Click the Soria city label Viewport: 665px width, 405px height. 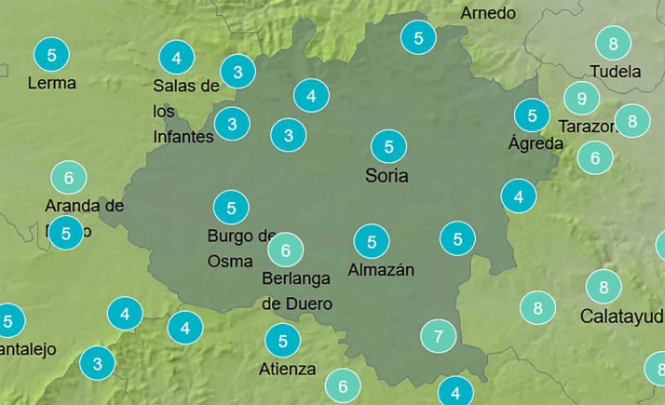tap(387, 175)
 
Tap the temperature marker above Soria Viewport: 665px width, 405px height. tap(388, 146)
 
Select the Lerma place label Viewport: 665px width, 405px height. tap(51, 83)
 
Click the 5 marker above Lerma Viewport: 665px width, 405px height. tap(51, 55)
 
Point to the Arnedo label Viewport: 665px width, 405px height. tap(488, 13)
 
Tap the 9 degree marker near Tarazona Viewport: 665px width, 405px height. tap(581, 98)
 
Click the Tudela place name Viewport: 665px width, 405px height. tap(615, 72)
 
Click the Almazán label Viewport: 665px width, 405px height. tap(380, 270)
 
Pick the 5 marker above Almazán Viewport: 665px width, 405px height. tap(372, 242)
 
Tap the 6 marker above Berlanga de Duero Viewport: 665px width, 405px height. tap(286, 250)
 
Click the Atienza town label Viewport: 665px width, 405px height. tap(287, 369)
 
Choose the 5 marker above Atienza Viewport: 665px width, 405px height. tap(282, 340)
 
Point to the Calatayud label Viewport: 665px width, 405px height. tap(621, 316)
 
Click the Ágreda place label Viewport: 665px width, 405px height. tap(536, 143)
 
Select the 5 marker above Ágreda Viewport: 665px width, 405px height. tap(532, 116)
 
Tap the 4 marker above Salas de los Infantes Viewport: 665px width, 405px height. tap(177, 59)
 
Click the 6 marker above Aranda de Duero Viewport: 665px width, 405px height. tap(68, 176)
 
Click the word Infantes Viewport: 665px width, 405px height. tap(183, 136)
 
